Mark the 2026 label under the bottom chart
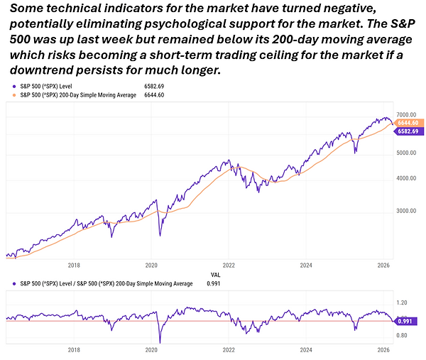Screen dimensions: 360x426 click(383, 349)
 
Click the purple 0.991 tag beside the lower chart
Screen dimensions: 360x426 click(408, 321)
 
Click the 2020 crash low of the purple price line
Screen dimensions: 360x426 click(161, 235)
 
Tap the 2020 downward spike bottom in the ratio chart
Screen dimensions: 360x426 click(160, 342)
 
